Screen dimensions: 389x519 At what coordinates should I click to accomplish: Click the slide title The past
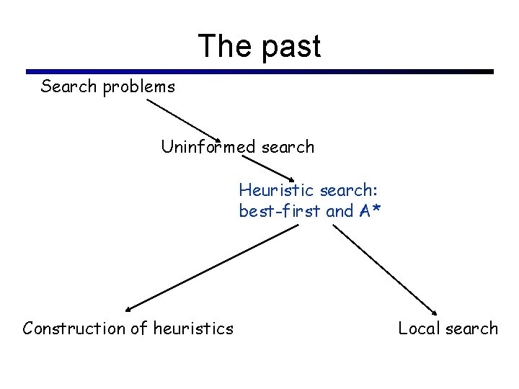point(259,46)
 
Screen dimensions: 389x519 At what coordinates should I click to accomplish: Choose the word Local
point(420,328)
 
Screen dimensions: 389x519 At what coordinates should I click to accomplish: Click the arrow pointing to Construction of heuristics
point(213,267)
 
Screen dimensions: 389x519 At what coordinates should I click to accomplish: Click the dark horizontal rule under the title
point(259,72)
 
